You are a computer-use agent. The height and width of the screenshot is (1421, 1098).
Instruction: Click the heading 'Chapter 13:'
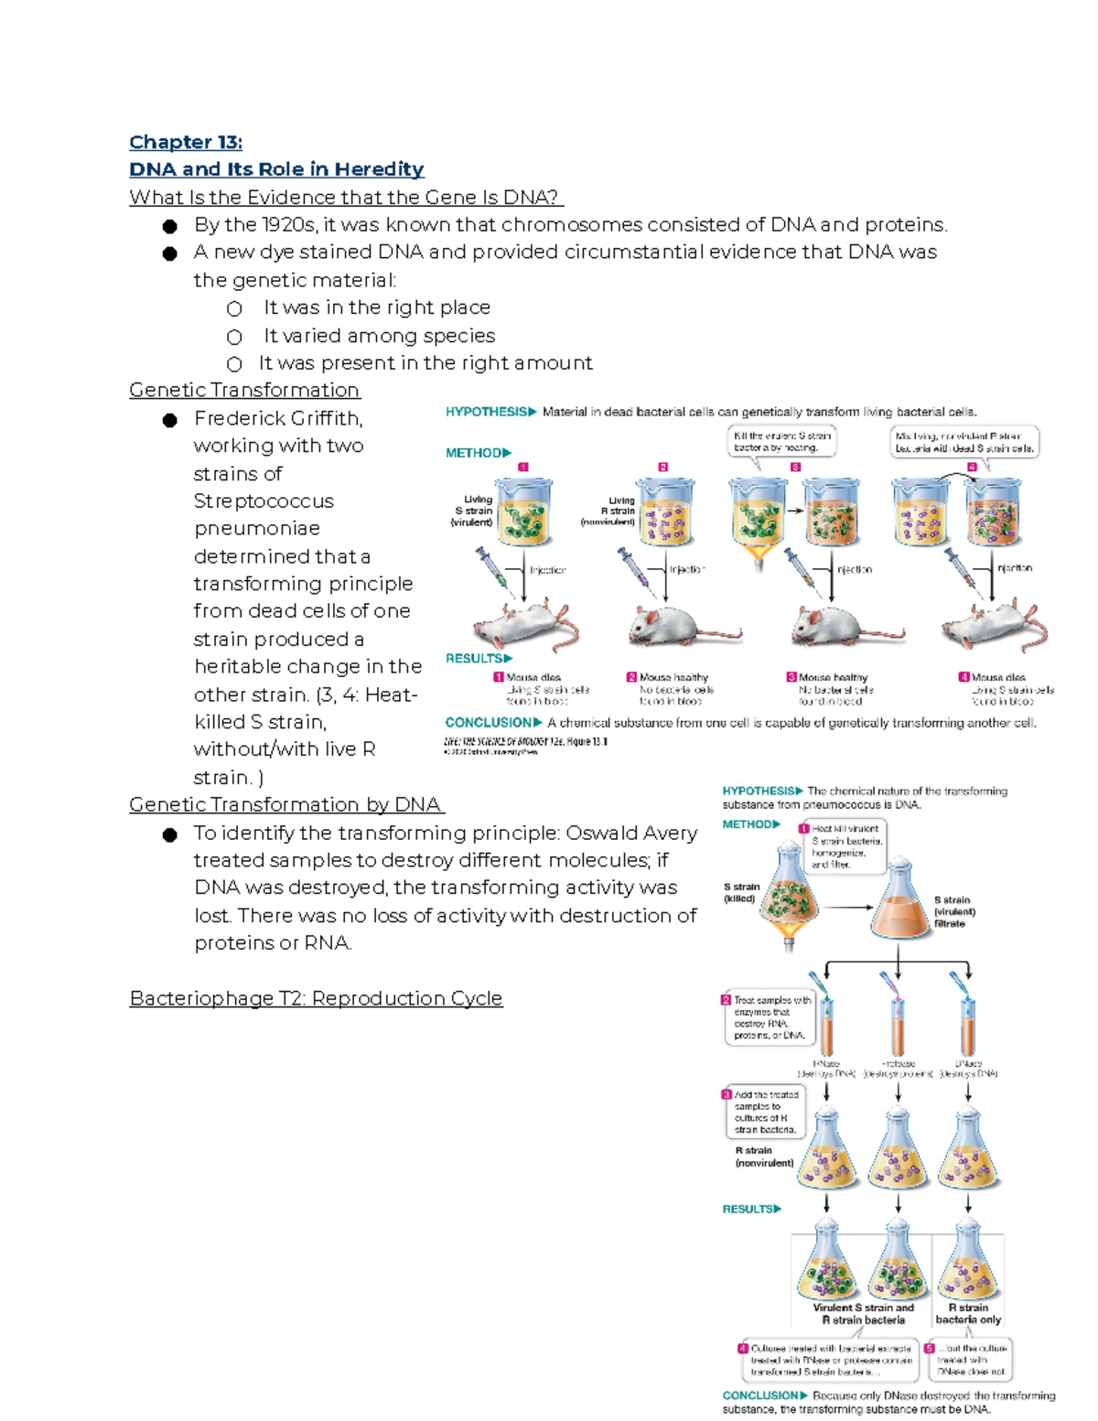(x=186, y=142)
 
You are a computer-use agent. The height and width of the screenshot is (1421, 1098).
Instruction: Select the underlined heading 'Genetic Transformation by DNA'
(x=286, y=804)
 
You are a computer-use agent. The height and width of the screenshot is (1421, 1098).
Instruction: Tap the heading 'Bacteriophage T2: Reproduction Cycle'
(x=316, y=997)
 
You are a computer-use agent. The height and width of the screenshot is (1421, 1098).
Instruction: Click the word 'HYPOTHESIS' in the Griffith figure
(x=486, y=412)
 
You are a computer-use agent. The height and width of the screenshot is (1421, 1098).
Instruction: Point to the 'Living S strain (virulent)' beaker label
(x=473, y=511)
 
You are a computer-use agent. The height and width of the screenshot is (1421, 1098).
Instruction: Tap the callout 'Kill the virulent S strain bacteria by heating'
(x=782, y=442)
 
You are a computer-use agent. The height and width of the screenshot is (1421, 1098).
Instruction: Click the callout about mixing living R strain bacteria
(x=963, y=442)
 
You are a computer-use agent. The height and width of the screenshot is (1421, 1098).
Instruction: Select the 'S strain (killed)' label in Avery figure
(x=741, y=892)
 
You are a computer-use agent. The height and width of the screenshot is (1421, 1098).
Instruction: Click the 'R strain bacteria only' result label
(x=968, y=1314)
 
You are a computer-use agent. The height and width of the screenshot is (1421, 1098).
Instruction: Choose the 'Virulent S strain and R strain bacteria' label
(x=863, y=1314)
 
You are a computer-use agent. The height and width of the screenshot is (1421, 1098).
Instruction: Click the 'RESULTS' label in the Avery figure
(x=748, y=1209)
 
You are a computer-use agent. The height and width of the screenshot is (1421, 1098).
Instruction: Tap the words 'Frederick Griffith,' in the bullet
(x=278, y=418)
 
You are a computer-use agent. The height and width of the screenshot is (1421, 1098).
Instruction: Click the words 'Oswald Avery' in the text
(x=631, y=833)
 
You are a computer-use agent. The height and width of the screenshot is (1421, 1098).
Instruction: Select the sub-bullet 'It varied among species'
(x=379, y=336)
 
